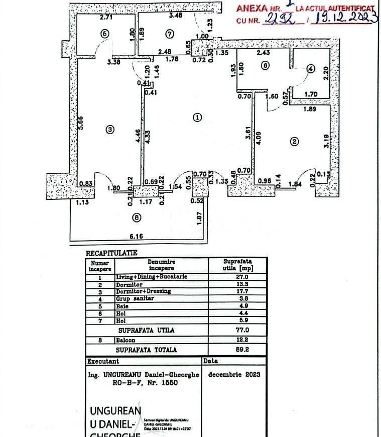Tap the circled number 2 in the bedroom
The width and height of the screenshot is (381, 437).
294,142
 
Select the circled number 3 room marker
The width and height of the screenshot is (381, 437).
110,130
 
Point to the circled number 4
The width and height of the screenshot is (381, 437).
311,69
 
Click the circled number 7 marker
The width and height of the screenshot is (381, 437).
169,34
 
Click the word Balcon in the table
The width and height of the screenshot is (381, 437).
125,340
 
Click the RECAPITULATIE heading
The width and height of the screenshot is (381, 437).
111,253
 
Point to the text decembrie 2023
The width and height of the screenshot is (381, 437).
233,374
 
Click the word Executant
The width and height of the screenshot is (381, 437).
103,361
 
